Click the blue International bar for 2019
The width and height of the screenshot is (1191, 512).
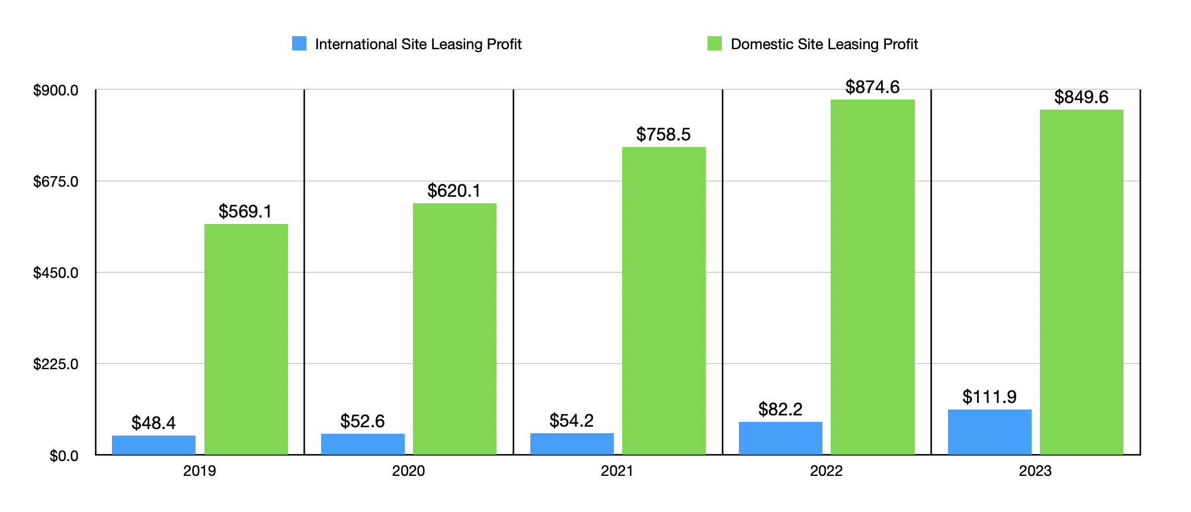(153, 445)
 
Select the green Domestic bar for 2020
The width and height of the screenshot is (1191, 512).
(454, 329)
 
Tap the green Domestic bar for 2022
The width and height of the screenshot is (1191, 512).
(872, 277)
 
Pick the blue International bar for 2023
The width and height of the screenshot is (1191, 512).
(990, 432)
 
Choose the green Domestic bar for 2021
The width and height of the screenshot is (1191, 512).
(664, 301)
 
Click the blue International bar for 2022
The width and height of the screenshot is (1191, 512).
(780, 438)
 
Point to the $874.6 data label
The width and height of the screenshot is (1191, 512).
(872, 87)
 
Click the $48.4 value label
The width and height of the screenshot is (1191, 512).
(153, 423)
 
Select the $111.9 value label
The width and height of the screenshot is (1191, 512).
(990, 396)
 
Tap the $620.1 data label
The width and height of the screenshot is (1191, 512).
(454, 191)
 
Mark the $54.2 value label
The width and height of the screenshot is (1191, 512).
(571, 420)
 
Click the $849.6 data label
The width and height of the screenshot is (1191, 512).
(1081, 97)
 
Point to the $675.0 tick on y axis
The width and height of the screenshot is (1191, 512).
(56, 181)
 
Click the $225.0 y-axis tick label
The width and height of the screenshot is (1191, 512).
(56, 364)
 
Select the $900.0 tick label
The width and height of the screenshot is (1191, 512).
(56, 90)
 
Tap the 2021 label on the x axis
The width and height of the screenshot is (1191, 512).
(617, 471)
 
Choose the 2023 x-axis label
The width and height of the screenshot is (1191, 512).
(1035, 471)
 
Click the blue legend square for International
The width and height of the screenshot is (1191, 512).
(299, 44)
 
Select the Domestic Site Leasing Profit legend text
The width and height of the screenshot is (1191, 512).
(824, 44)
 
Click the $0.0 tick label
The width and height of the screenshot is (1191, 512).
(63, 456)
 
